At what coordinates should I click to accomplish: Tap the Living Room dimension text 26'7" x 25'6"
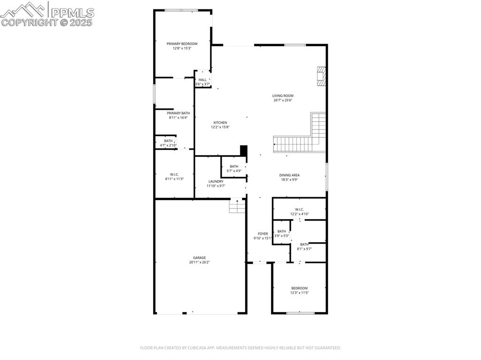click(283, 100)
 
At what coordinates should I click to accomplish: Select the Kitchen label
click(220, 123)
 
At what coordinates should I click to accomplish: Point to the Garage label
click(199, 258)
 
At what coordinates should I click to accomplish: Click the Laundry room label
click(216, 181)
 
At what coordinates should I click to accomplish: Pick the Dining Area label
click(289, 175)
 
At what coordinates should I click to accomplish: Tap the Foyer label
click(263, 234)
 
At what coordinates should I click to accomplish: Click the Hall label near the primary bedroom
click(202, 80)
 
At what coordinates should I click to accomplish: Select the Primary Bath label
click(178, 113)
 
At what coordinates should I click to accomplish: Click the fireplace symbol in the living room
click(321, 76)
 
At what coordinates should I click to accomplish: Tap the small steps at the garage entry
click(237, 206)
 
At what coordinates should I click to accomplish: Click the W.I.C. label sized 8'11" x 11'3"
click(174, 174)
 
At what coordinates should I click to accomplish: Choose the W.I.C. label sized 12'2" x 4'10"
click(299, 209)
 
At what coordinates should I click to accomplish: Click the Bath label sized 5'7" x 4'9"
click(234, 166)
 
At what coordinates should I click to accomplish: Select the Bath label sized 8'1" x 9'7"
click(304, 244)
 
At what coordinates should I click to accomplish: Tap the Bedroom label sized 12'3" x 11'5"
click(299, 288)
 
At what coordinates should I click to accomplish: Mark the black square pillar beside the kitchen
click(243, 151)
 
